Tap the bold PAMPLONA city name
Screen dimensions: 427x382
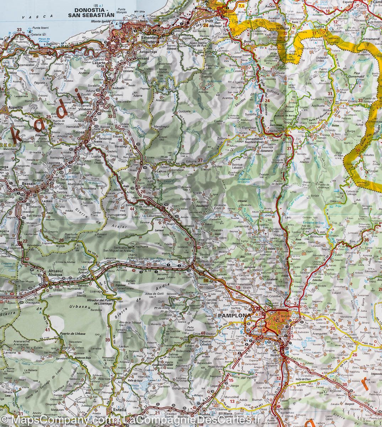[x=230, y=315]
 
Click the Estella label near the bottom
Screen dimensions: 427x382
[x=117, y=420]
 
